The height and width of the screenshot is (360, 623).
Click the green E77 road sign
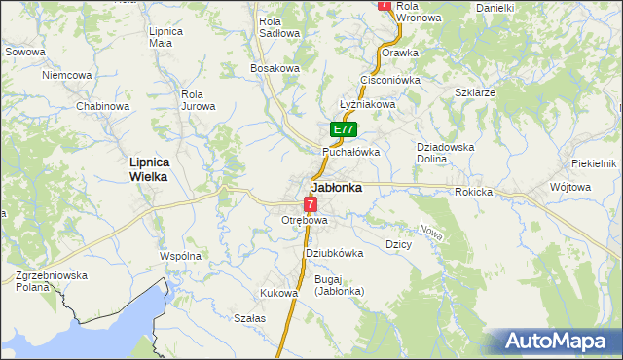point(343,129)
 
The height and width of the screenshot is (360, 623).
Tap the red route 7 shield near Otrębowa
point(310,204)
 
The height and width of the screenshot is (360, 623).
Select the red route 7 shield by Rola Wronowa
point(385,5)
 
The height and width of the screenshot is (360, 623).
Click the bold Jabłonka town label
point(337,188)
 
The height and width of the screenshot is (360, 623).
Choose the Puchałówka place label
point(351,153)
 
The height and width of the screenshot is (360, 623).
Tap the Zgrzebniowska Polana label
point(52,282)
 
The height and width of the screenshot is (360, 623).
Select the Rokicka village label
point(473,192)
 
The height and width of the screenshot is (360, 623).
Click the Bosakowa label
point(275,68)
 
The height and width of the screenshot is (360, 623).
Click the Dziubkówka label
point(334,253)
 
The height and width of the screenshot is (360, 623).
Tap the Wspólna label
point(180,256)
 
